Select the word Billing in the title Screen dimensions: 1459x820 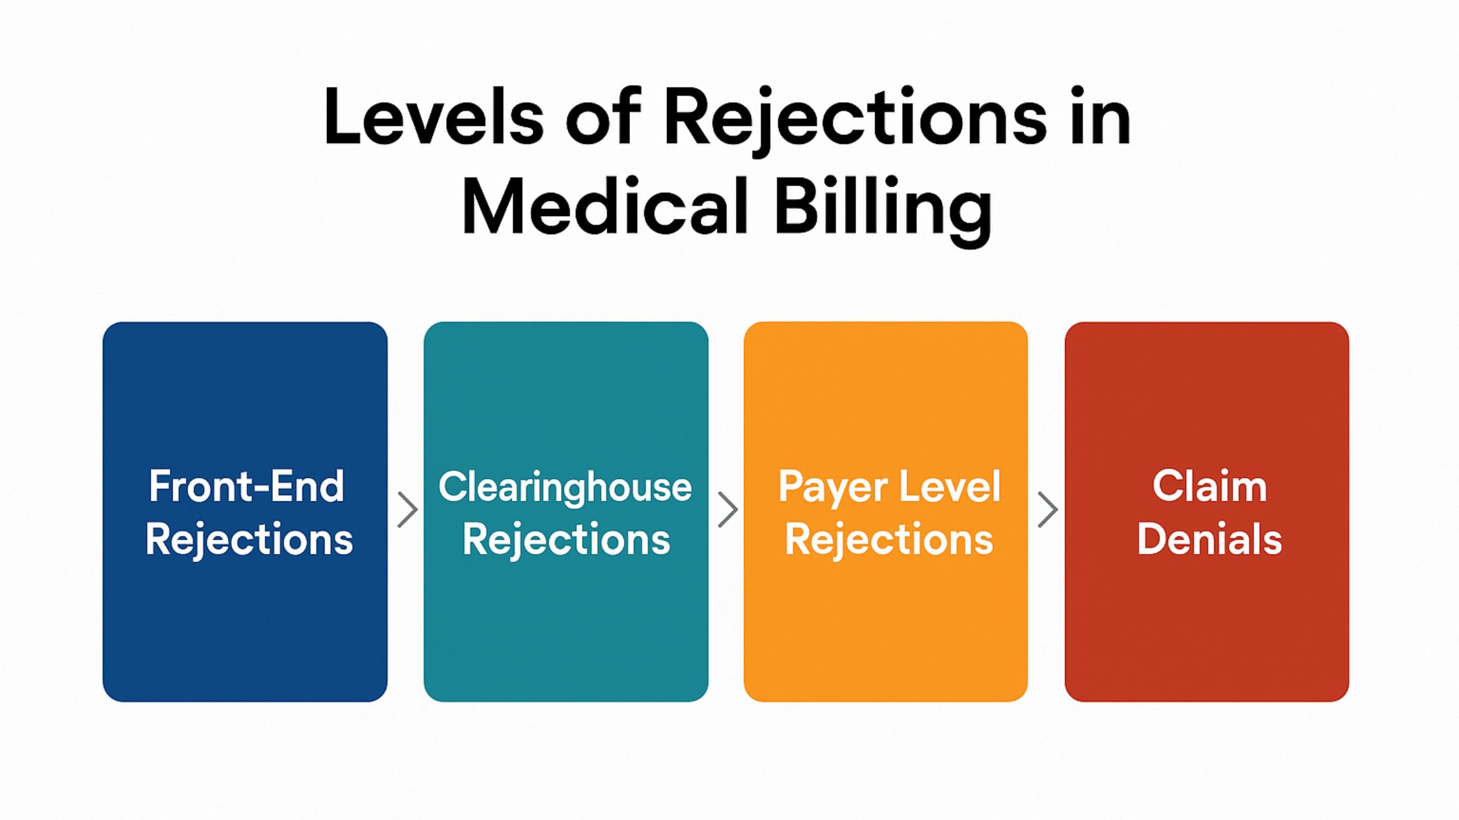[883, 211]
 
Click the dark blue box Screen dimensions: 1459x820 [245, 512]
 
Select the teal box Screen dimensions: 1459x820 [566, 512]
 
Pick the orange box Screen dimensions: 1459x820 [886, 512]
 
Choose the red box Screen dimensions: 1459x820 [1207, 512]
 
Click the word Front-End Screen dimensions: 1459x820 [246, 486]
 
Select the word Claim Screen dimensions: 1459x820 [1210, 486]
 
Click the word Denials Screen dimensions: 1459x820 [1210, 539]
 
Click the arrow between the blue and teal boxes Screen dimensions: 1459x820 [407, 510]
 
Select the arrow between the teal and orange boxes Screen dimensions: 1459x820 [728, 510]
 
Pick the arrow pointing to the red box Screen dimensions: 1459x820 [1047, 510]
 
